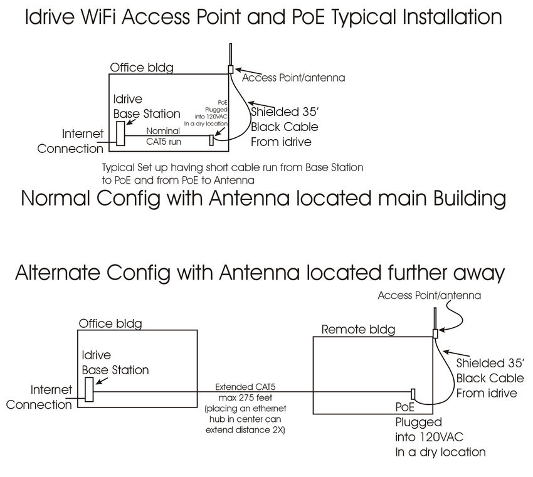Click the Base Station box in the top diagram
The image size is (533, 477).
coord(120,134)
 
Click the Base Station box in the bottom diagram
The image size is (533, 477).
coord(89,389)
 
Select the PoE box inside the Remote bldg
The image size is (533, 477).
coord(413,394)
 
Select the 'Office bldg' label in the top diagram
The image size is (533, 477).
coord(142,67)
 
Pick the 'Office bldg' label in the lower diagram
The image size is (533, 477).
coord(110,323)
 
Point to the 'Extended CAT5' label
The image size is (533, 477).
coord(243,387)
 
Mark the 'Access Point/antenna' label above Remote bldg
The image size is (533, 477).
coord(430,295)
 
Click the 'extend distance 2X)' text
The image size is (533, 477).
coord(245,429)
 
